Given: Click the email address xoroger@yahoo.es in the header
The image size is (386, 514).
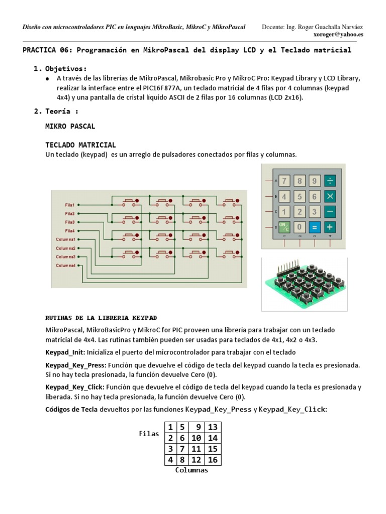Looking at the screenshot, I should (338, 35).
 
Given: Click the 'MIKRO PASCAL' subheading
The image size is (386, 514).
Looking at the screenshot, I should (70, 125).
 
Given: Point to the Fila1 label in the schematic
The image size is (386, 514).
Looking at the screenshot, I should (69, 205).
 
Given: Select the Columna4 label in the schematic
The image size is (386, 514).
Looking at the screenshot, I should (65, 265).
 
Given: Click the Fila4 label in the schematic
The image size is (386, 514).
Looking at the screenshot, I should (69, 230).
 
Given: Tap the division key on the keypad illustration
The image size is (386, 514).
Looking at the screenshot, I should (330, 181).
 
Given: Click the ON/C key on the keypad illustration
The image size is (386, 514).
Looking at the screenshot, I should (284, 226).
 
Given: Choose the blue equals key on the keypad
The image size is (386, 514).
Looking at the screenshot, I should (315, 226).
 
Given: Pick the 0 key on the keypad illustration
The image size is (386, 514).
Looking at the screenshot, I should (300, 226).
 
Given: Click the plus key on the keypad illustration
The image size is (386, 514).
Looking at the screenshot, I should (330, 226).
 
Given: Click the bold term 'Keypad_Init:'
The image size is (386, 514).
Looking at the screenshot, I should (65, 352).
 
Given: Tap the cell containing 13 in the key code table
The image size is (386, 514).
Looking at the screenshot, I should (213, 427).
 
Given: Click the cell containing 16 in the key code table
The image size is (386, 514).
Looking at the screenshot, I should (213, 459).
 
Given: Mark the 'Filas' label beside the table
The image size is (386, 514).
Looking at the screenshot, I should (149, 434).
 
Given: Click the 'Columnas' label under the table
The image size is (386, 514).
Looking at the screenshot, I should (191, 470).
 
